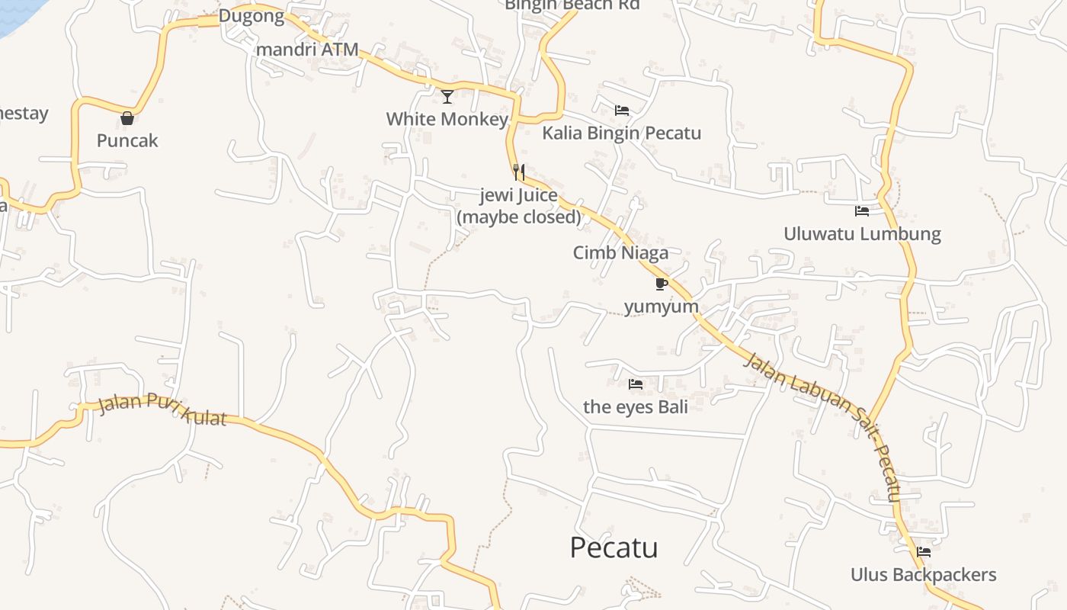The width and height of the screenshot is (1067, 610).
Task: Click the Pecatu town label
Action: pos(614,547)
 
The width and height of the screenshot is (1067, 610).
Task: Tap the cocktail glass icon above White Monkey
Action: pos(447,97)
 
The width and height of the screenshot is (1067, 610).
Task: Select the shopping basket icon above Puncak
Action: pos(127,118)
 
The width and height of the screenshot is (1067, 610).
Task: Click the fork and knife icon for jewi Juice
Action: pos(519,172)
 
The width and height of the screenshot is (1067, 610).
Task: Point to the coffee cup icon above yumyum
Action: pos(661,284)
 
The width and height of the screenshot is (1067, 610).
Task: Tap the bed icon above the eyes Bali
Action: pos(635,384)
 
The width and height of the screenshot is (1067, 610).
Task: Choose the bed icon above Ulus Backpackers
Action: pos(924,552)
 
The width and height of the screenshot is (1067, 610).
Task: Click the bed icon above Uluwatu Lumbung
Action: pos(862,211)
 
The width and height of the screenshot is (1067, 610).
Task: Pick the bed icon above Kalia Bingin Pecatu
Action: pos(622,111)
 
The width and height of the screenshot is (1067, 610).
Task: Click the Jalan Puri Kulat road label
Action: pos(162,410)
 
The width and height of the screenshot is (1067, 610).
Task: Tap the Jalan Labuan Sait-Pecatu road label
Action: pos(824,427)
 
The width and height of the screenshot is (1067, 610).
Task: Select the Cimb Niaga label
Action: pos(620,252)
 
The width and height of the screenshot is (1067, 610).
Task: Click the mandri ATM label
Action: pos(307,49)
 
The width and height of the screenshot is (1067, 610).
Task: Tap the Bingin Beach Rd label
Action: pos(572,5)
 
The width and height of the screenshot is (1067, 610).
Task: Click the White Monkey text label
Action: pos(447,119)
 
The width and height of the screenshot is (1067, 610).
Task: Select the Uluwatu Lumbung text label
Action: pos(862,233)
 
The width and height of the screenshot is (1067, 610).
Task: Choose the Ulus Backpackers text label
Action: pos(924,574)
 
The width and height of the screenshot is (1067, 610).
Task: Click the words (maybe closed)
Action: pos(519,217)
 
